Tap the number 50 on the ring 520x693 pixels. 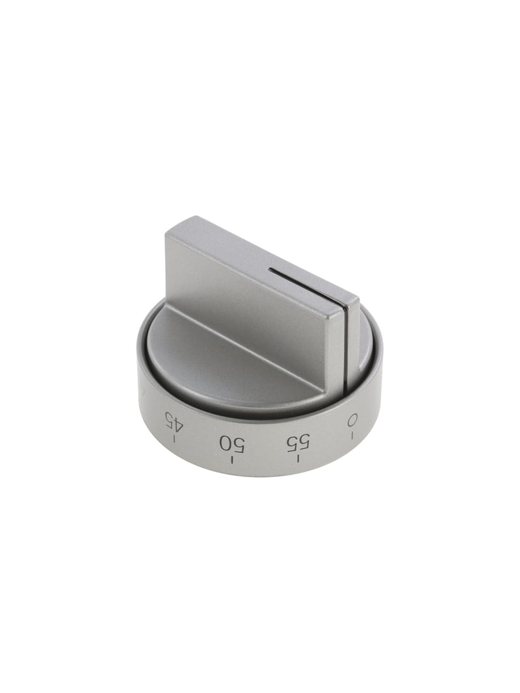coord(232,443)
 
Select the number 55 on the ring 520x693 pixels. coord(298,443)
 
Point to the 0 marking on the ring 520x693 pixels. coord(352,421)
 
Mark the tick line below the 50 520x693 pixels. coord(232,460)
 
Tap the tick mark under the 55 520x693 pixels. coord(298,460)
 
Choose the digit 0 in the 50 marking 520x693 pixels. coord(226,443)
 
